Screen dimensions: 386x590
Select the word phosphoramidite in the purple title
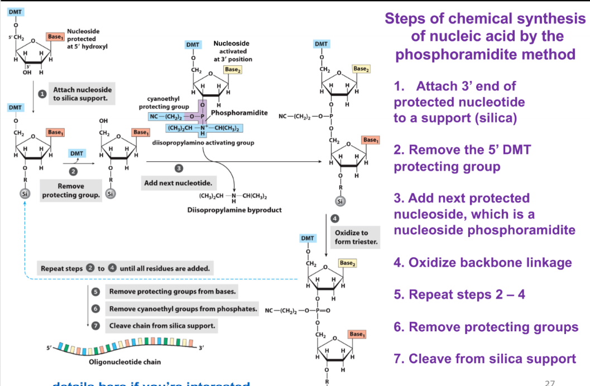click(x=485, y=54)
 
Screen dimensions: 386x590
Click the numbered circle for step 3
click(x=179, y=168)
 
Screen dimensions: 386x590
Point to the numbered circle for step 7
click(x=95, y=325)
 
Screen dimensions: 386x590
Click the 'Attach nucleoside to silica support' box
click(x=82, y=94)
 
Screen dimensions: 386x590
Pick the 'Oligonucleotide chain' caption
click(x=125, y=362)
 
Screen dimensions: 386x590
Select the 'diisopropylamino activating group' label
click(x=203, y=143)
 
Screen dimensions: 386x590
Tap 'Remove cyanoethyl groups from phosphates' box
click(x=183, y=308)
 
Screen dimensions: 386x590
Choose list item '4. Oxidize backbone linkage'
click(x=483, y=262)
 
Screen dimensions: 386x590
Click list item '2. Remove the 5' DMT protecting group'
click(x=463, y=158)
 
